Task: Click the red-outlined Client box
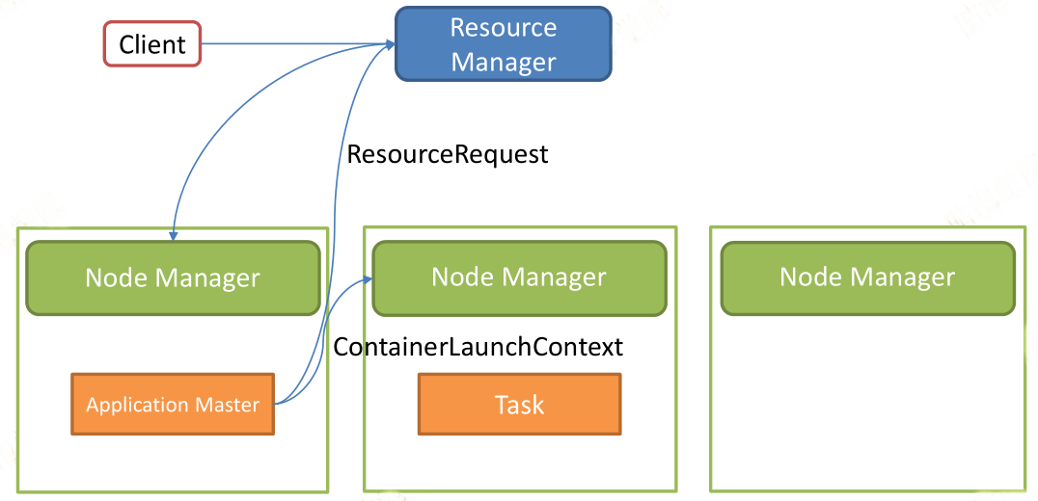pyautogui.click(x=152, y=44)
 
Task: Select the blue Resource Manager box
pyautogui.click(x=504, y=43)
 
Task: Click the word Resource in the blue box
pyautogui.click(x=504, y=27)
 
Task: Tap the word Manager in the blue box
pyautogui.click(x=504, y=62)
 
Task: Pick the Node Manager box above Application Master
pyautogui.click(x=173, y=277)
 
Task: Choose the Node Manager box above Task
pyautogui.click(x=519, y=277)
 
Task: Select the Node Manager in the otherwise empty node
pyautogui.click(x=867, y=277)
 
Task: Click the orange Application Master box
pyautogui.click(x=173, y=404)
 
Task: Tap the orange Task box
pyautogui.click(x=520, y=404)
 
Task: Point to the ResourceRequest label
pyautogui.click(x=449, y=155)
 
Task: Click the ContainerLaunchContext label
pyautogui.click(x=478, y=347)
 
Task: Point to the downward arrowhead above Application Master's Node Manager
pyautogui.click(x=174, y=235)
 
